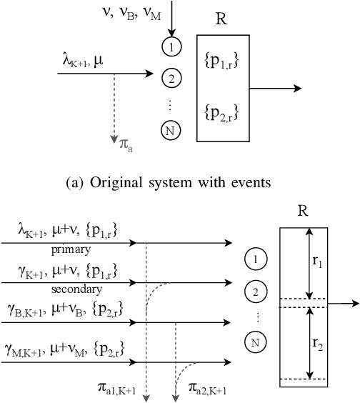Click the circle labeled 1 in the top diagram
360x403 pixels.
(x=171, y=49)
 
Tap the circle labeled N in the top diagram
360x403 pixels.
(x=171, y=130)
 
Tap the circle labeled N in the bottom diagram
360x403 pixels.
(x=256, y=343)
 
